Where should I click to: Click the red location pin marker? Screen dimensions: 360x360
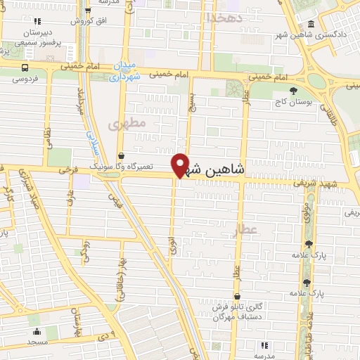point(181,165)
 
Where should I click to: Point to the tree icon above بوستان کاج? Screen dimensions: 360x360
point(293,90)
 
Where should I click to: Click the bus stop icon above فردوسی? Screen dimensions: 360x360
point(25,68)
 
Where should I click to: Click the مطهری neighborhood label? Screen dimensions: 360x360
point(126,124)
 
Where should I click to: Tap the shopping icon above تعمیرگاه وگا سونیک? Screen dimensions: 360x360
point(121,155)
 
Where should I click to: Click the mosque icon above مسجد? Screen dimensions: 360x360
point(37,331)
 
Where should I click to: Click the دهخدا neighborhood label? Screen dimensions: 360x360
point(224,17)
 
